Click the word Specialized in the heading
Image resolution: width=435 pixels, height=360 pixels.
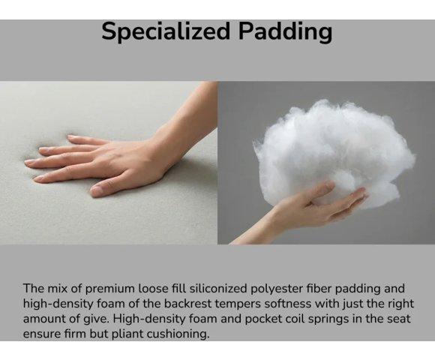pos(166,31)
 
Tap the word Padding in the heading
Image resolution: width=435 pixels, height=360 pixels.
pos(285,31)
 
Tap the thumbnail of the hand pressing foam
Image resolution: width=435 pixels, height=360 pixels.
pos(109,163)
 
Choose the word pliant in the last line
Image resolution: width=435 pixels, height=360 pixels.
pos(127,334)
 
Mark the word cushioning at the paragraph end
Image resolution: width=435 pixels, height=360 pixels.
pos(178,334)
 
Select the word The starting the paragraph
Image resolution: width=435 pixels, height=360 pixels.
pos(33,289)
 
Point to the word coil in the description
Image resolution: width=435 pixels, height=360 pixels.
pos(295,319)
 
